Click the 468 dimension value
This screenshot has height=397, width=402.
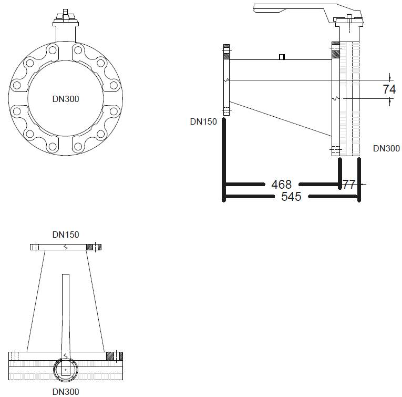[x=282, y=185]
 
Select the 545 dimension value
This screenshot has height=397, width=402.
[x=291, y=197]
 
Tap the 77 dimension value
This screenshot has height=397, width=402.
[x=349, y=185]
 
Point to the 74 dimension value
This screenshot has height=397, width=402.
[x=389, y=89]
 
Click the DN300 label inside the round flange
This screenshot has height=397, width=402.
[x=66, y=99]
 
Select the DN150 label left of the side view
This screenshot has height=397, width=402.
[x=203, y=121]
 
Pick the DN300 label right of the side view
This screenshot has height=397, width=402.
[x=386, y=148]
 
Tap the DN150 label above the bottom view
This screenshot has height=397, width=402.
[x=66, y=235]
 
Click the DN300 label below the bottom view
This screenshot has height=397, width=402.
[x=66, y=392]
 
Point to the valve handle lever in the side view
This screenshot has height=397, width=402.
[x=295, y=8]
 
